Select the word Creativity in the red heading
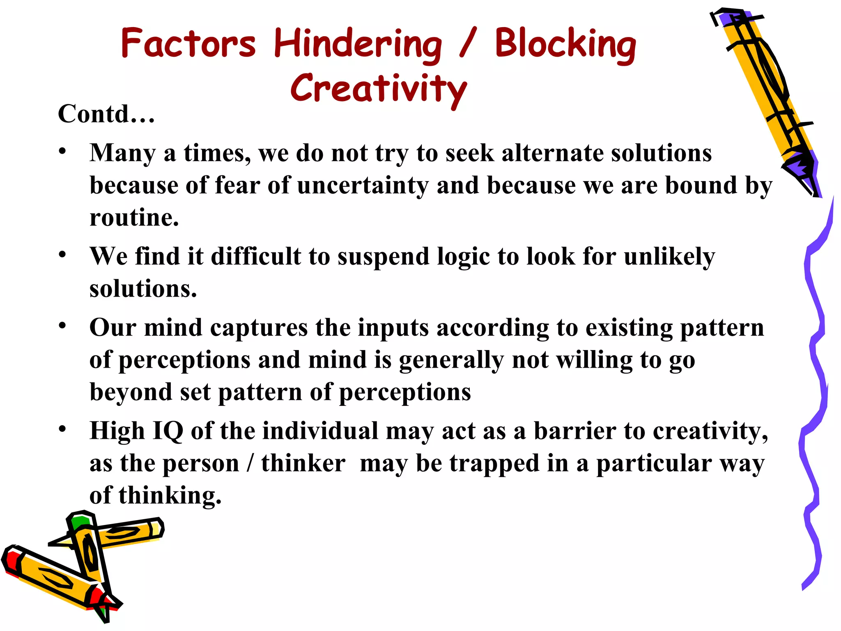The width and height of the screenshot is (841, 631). click(379, 88)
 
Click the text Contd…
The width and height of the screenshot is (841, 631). click(106, 114)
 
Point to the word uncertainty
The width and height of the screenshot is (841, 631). click(363, 185)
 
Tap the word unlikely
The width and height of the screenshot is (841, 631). click(669, 257)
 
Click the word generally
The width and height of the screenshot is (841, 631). click(451, 360)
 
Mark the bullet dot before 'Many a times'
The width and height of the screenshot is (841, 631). click(62, 151)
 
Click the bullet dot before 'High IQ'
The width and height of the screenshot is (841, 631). click(62, 429)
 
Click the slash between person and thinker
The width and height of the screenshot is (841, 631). click(250, 464)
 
